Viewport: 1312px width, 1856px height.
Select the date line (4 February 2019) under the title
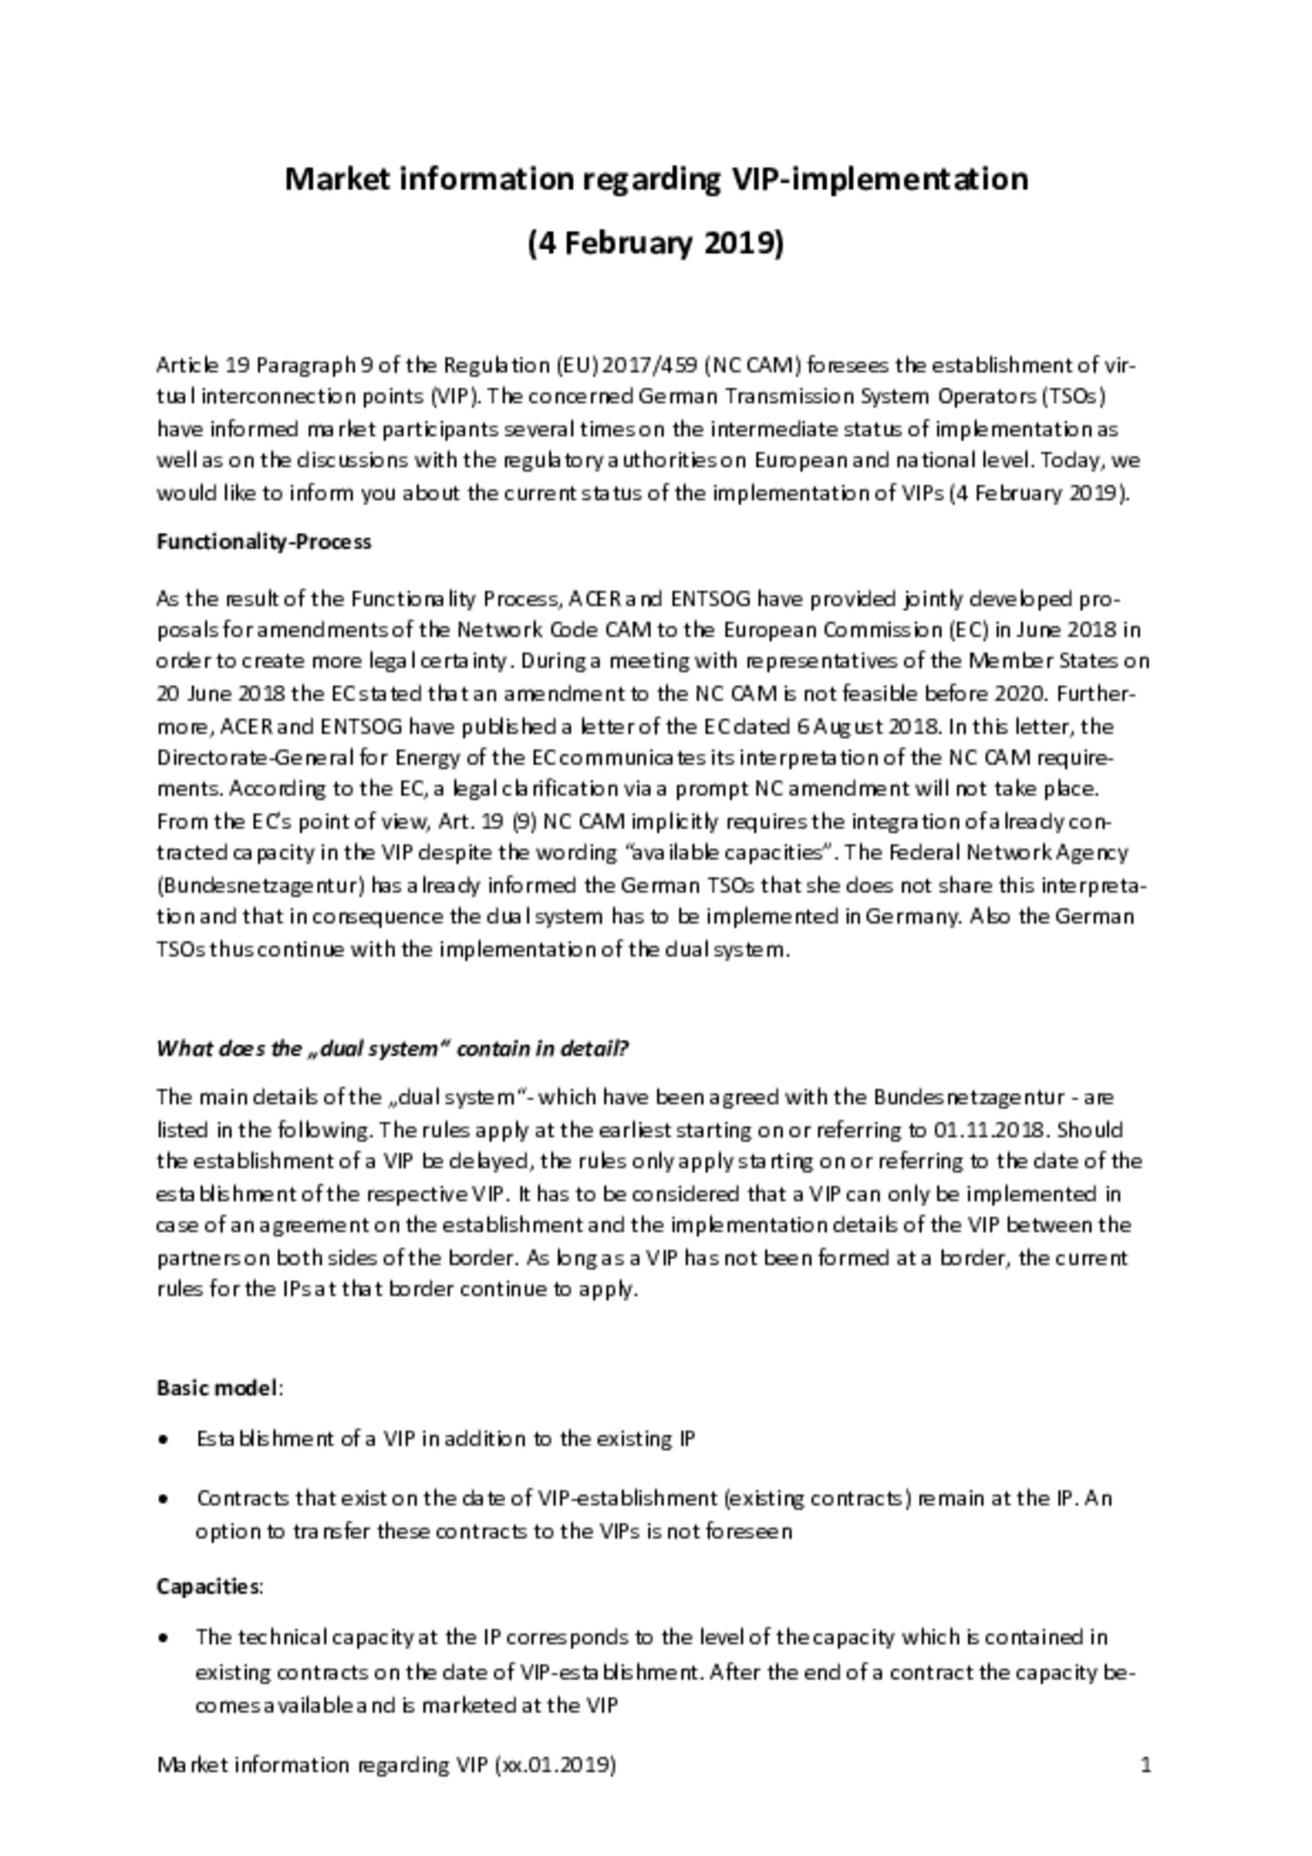[655, 243]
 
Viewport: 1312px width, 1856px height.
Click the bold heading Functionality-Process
[263, 542]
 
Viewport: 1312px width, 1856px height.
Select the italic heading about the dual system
[392, 1048]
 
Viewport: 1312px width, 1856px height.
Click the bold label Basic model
[217, 1388]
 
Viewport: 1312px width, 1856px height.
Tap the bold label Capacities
[208, 1586]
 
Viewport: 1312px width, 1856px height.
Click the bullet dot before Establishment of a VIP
[163, 1440]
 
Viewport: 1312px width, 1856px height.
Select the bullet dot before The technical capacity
[163, 1637]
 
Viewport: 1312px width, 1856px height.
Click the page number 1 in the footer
[1145, 1766]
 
